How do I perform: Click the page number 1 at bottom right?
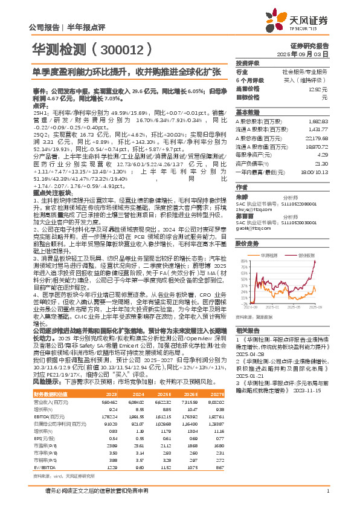point(327,491)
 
